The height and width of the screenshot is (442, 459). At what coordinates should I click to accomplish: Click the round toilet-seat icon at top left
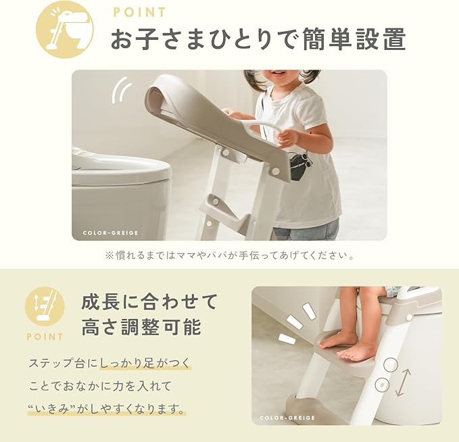pyautogui.click(x=64, y=31)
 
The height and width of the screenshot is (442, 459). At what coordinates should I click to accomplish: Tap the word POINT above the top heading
pyautogui.click(x=140, y=13)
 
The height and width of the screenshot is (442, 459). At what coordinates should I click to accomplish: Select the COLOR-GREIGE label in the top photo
pyautogui.click(x=110, y=233)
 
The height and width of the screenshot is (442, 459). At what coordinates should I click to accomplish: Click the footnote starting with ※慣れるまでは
pyautogui.click(x=230, y=255)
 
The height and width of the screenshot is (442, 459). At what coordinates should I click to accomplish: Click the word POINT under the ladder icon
pyautogui.click(x=45, y=337)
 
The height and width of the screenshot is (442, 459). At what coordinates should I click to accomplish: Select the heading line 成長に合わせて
pyautogui.click(x=149, y=302)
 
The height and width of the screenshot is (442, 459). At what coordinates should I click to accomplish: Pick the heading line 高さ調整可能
pyautogui.click(x=141, y=327)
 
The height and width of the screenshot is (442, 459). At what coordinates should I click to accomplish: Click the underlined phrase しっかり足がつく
pyautogui.click(x=145, y=363)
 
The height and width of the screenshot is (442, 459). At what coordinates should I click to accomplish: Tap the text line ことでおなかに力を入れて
pyautogui.click(x=100, y=387)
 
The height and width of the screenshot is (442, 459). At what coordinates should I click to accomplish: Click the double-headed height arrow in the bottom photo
pyautogui.click(x=403, y=383)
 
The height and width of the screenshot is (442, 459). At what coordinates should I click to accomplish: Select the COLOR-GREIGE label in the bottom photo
pyautogui.click(x=287, y=418)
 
